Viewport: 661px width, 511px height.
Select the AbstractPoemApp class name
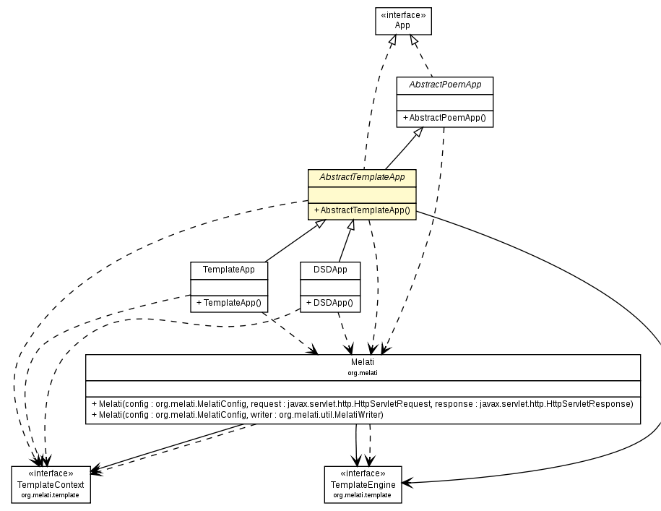[x=444, y=85]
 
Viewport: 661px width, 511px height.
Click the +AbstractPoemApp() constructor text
[x=444, y=117]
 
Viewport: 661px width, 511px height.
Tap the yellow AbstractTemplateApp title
[x=362, y=176]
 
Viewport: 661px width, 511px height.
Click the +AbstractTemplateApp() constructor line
[x=362, y=210]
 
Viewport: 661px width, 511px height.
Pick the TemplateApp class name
[x=228, y=270]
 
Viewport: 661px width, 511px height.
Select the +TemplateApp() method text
[x=228, y=302]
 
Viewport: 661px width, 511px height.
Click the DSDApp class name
[x=330, y=270]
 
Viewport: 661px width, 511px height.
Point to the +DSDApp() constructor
[x=330, y=302]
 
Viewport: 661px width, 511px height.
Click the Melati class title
[x=363, y=362]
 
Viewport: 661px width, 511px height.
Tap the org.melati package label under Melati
[x=363, y=372]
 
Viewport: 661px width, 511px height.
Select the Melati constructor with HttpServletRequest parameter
[x=363, y=403]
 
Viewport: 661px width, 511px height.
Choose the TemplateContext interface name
[x=51, y=484]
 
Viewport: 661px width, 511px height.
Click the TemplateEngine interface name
[x=362, y=484]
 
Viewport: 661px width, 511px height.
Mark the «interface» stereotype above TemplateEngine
[x=362, y=473]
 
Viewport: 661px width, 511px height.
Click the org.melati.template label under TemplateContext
[x=51, y=495]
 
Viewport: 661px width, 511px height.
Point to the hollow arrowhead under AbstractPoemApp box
[x=418, y=133]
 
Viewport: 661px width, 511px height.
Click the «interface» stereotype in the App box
[x=402, y=14]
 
